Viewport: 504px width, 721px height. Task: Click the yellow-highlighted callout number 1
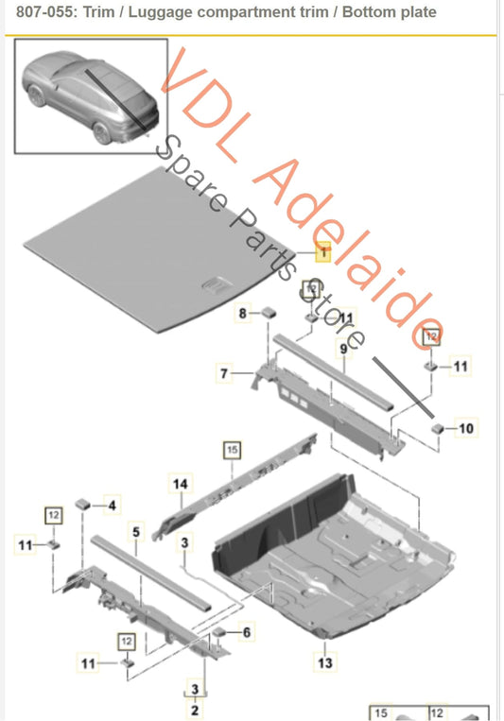pyautogui.click(x=322, y=252)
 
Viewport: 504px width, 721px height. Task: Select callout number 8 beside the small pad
pyautogui.click(x=242, y=312)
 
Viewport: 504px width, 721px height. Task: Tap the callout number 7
pyautogui.click(x=224, y=374)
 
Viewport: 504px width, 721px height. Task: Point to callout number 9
pyautogui.click(x=345, y=349)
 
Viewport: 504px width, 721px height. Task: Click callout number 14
pyautogui.click(x=180, y=484)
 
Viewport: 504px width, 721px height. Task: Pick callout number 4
pyautogui.click(x=113, y=506)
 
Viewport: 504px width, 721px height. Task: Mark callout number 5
pyautogui.click(x=135, y=533)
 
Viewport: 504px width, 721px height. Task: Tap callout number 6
pyautogui.click(x=248, y=632)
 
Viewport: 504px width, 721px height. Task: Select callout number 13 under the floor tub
pyautogui.click(x=324, y=664)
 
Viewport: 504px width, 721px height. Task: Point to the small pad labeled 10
pyautogui.click(x=438, y=427)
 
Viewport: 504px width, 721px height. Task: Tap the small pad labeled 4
pyautogui.click(x=84, y=505)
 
